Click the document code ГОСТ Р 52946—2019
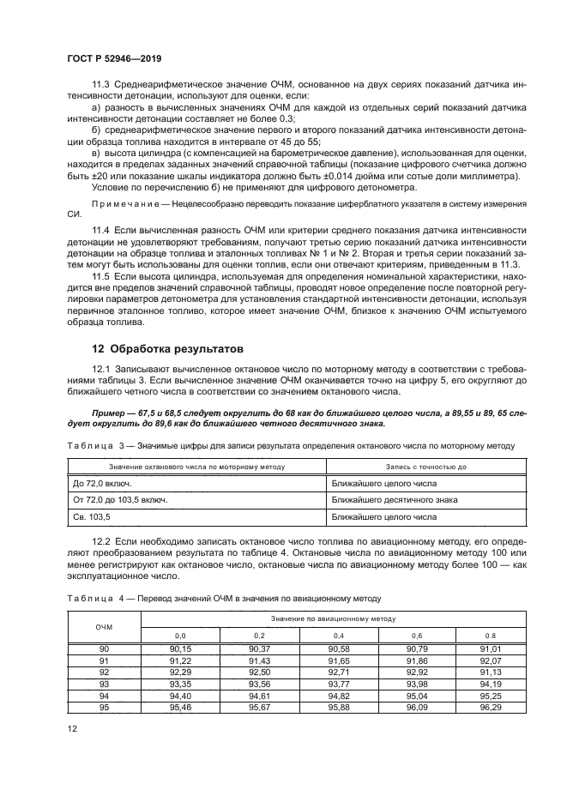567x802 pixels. click(114, 58)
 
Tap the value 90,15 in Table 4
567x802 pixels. click(180, 649)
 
